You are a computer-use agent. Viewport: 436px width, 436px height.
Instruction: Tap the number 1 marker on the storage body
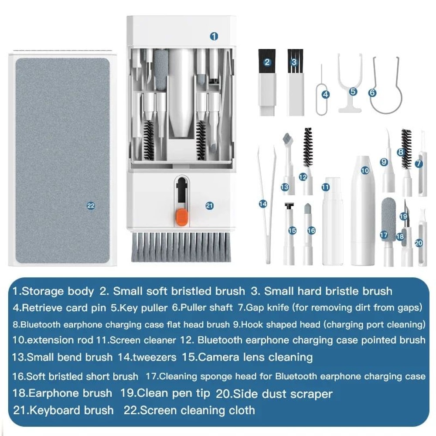[214, 36]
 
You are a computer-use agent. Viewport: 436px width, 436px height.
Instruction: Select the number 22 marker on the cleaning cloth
[91, 206]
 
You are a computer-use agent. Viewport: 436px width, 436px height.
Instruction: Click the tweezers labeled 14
[267, 205]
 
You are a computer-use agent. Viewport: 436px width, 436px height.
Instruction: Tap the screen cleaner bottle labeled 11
[332, 227]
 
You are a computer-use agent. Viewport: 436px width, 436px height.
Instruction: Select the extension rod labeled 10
[363, 209]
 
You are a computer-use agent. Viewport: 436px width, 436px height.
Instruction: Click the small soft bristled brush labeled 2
[267, 83]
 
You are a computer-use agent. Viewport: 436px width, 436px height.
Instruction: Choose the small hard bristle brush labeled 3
[294, 83]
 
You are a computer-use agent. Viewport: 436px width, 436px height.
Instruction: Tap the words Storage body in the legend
[58, 291]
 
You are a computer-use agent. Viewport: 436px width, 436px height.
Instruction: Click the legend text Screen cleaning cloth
[198, 410]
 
